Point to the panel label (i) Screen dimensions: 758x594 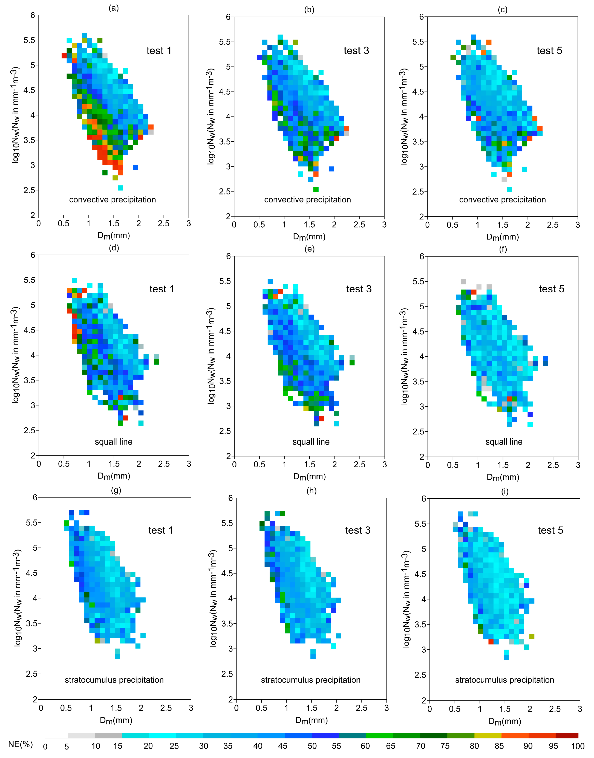coord(505,491)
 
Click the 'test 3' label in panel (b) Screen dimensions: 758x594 coord(356,51)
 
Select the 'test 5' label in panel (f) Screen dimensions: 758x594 coord(551,289)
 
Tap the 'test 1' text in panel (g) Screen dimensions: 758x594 coord(160,530)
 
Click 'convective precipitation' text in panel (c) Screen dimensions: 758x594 coord(502,200)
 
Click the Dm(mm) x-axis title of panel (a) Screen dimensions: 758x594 coord(113,236)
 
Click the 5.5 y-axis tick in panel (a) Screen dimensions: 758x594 coord(29,40)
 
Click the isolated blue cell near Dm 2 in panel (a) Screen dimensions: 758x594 coord(136,168)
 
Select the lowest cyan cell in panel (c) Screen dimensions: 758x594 coord(509,189)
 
